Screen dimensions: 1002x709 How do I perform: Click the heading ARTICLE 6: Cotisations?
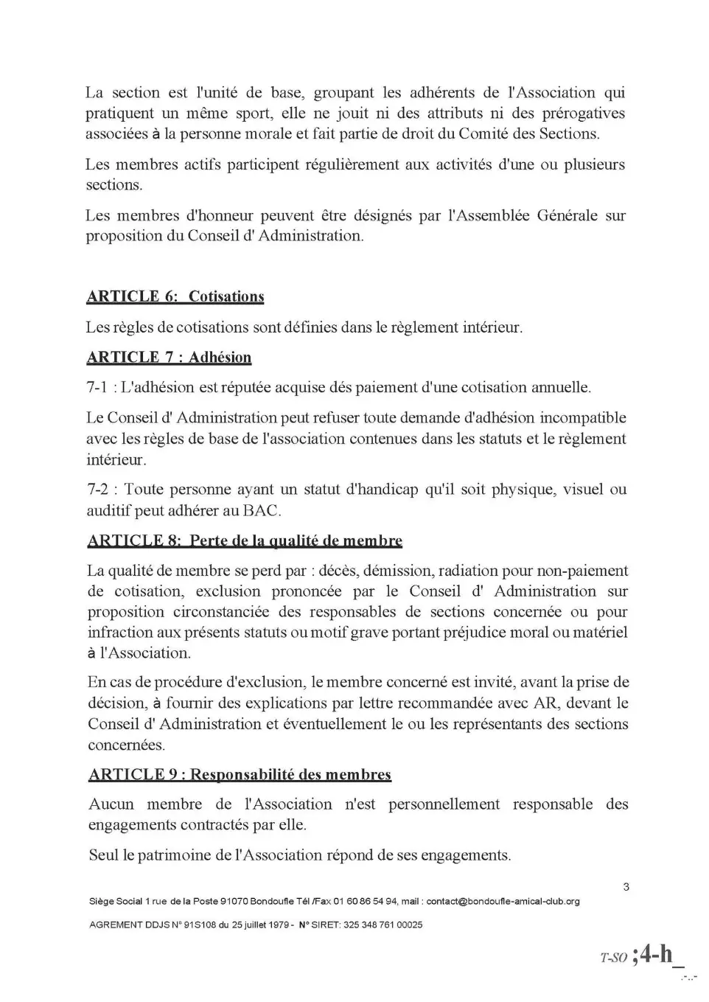[x=175, y=296]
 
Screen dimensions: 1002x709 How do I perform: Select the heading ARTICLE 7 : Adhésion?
[x=169, y=358]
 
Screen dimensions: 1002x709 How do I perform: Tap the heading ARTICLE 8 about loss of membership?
[x=245, y=540]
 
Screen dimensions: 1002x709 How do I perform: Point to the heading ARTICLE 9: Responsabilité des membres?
[x=240, y=774]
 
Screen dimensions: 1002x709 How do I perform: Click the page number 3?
[x=626, y=886]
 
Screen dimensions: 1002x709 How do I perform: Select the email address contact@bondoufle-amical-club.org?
[x=503, y=901]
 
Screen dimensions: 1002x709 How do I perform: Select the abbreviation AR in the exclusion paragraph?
[x=546, y=703]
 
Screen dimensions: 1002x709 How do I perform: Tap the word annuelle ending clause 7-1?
[x=558, y=387]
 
